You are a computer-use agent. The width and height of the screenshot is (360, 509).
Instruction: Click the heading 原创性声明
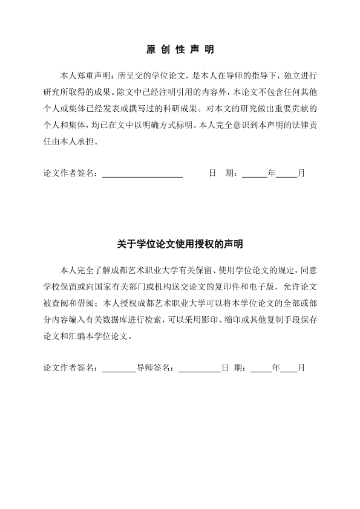180,49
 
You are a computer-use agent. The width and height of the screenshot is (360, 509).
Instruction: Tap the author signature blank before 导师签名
119,368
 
